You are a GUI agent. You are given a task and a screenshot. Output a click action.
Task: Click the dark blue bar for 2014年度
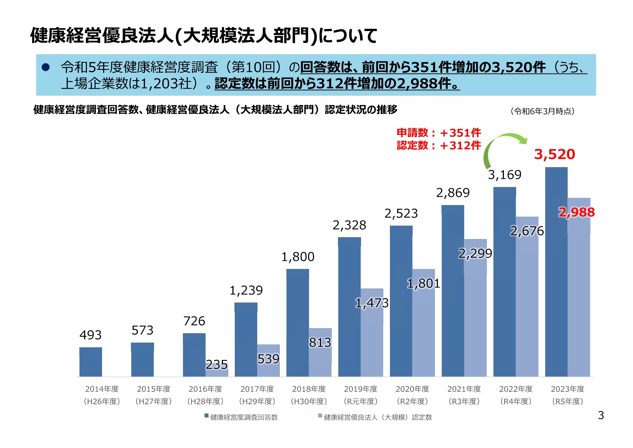click(91, 362)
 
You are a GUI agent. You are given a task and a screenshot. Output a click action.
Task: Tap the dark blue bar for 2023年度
click(556, 271)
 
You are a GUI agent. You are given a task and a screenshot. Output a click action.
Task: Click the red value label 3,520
click(554, 154)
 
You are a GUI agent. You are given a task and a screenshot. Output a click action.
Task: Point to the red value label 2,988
click(576, 212)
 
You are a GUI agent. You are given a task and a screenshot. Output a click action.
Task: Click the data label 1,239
click(246, 290)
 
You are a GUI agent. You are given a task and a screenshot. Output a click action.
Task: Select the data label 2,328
click(349, 225)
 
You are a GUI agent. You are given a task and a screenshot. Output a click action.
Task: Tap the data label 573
click(142, 330)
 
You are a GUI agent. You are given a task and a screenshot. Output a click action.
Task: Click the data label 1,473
click(372, 303)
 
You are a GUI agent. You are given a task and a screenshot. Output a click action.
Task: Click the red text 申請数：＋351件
click(439, 133)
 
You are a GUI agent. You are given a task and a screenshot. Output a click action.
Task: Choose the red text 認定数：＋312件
click(439, 145)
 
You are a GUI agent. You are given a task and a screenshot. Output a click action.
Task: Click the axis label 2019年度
click(360, 389)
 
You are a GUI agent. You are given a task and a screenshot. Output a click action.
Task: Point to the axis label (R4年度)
click(515, 401)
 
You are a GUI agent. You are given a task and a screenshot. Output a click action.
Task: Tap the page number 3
click(601, 415)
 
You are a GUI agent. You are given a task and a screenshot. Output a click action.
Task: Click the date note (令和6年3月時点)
click(542, 111)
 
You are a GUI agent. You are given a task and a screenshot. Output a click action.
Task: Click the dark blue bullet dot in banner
click(45, 67)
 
